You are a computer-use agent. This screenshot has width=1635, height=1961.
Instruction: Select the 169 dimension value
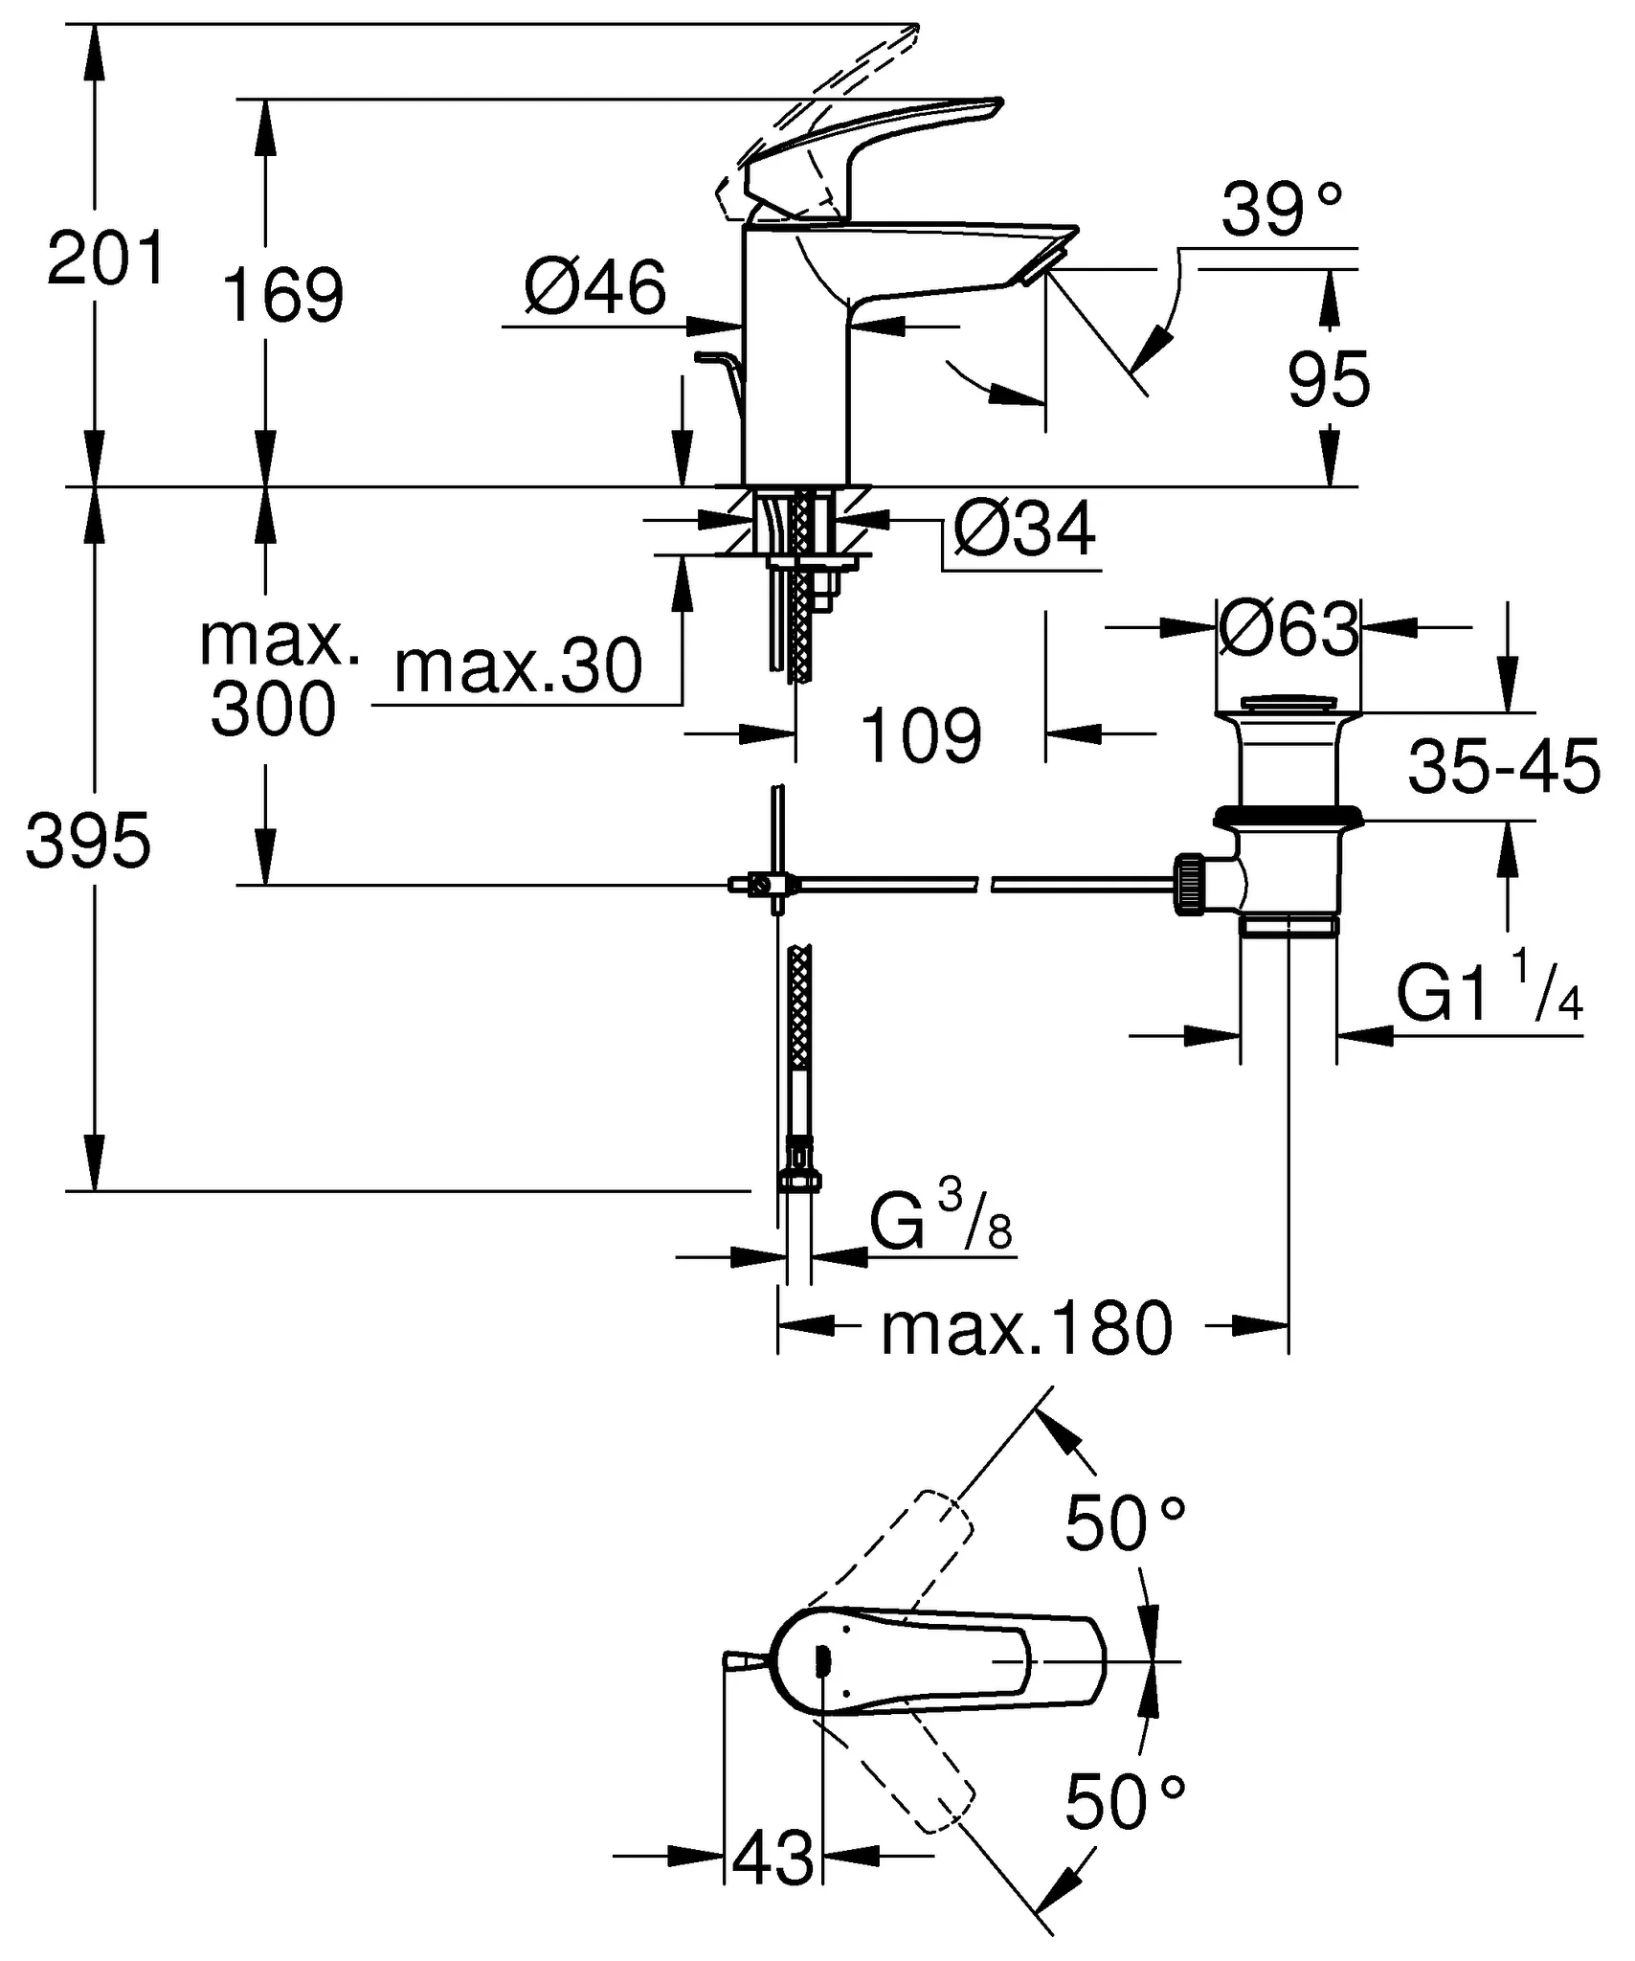[x=282, y=295]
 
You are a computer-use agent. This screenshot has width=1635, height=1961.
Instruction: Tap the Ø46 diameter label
[x=595, y=287]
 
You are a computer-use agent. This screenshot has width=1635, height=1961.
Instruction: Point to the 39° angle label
[x=1282, y=210]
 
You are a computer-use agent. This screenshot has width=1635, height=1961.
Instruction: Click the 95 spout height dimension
[x=1329, y=380]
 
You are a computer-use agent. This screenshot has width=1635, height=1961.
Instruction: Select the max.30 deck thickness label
[x=518, y=667]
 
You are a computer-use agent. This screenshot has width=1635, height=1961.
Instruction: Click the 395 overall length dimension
[x=88, y=841]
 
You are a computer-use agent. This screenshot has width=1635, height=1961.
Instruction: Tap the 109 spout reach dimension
[x=921, y=735]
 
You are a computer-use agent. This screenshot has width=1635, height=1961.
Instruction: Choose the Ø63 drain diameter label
[x=1288, y=630]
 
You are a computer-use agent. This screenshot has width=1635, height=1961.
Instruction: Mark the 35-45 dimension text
[x=1503, y=767]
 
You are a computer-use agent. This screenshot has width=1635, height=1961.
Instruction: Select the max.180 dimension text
[x=1026, y=1329]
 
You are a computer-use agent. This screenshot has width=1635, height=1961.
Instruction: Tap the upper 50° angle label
[x=1126, y=1522]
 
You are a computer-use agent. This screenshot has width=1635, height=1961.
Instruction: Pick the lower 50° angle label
[x=1126, y=1801]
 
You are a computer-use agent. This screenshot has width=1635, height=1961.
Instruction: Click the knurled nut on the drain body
[x=1189, y=885]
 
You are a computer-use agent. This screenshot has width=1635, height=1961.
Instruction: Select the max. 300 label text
[x=277, y=676]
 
